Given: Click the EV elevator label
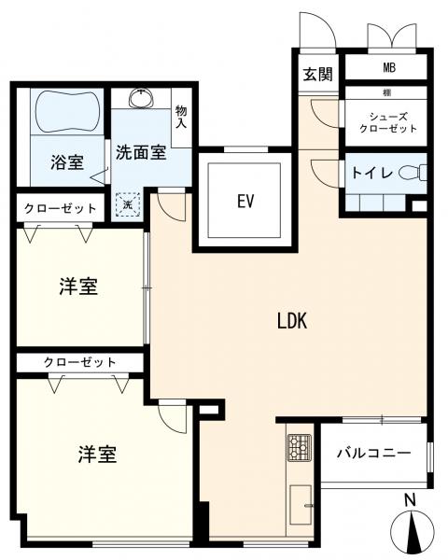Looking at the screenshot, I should click(x=246, y=201).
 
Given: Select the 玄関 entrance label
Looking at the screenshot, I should click(x=317, y=75).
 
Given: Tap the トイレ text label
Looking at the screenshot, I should click(x=371, y=174).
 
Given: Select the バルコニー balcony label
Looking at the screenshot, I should click(x=372, y=454).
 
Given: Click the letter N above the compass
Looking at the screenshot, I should click(x=410, y=501).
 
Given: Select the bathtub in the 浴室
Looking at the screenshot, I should click(x=66, y=113).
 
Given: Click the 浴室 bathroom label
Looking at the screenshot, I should click(x=66, y=161).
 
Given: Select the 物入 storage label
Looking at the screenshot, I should click(x=181, y=119).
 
